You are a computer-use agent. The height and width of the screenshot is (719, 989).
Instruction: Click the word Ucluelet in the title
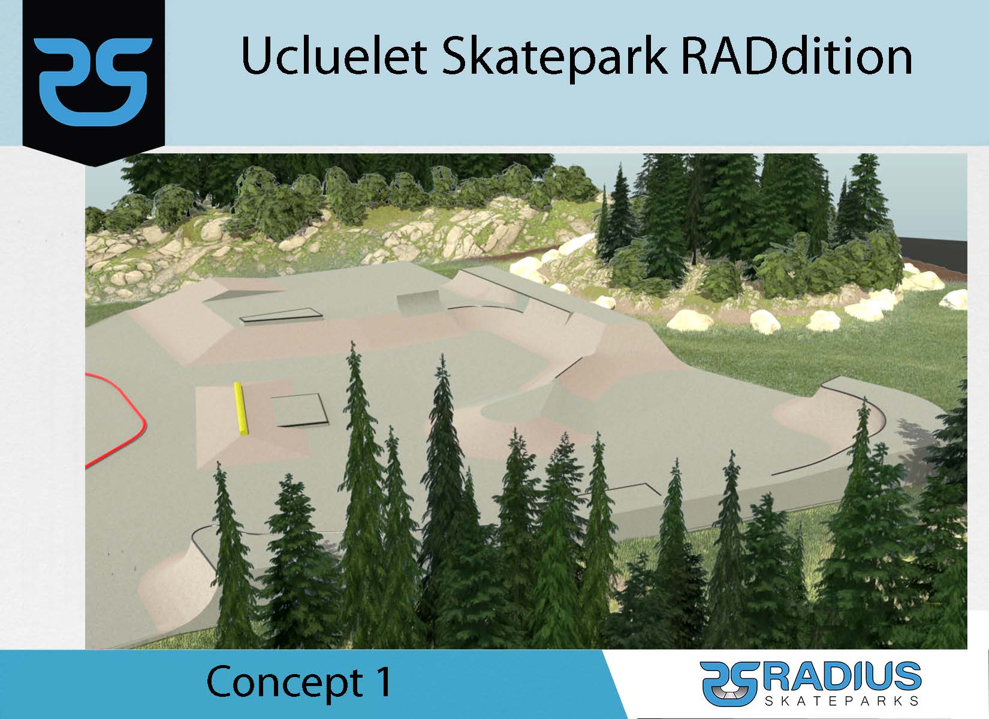point(334,56)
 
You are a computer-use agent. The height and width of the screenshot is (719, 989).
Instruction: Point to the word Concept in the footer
point(285,684)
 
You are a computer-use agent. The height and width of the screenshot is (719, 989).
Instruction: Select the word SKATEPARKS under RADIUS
point(842,701)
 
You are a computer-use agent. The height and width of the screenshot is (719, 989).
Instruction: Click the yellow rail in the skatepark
point(240,409)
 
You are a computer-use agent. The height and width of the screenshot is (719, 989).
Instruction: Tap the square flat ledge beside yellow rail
point(300,410)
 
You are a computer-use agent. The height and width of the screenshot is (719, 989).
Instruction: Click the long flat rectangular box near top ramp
point(281,316)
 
